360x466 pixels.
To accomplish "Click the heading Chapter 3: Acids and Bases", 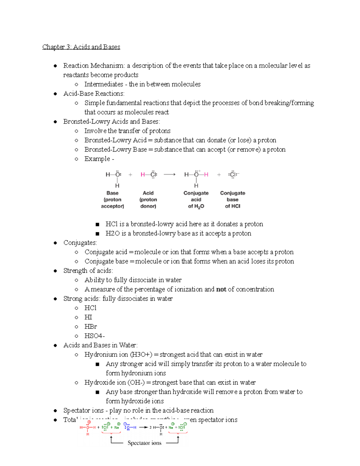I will [81, 47].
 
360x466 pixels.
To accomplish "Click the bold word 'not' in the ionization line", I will [221, 289].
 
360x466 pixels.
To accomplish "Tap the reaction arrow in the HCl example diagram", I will [169, 175].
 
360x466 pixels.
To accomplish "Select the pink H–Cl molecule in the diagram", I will [149, 175].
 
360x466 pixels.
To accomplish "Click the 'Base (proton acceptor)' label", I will [112, 200].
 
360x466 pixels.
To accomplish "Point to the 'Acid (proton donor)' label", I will [148, 200].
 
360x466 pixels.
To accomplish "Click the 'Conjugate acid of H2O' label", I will [196, 200].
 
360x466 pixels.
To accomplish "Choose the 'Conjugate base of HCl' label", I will [232, 200].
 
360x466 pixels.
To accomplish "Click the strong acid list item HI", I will [88, 317].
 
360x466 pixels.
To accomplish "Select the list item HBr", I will [91, 326].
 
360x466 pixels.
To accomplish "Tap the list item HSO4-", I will [94, 336].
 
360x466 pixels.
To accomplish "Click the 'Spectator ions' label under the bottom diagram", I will [144, 443].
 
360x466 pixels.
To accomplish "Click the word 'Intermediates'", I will [104, 84].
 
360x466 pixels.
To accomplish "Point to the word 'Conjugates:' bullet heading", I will [80, 242].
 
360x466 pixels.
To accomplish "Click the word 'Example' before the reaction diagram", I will [97, 159].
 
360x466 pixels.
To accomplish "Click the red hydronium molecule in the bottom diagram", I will [88, 428].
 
